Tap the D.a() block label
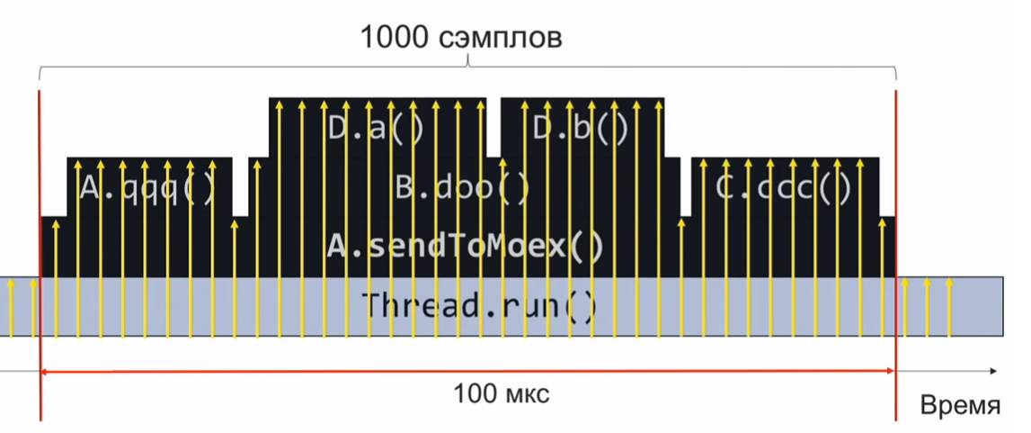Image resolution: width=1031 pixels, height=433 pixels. coord(375,129)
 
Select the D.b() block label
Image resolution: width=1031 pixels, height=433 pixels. coord(582,129)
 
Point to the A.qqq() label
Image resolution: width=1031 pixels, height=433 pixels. coord(148,188)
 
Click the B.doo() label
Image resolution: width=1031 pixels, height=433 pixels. coord(463,188)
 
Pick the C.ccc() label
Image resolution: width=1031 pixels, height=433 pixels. coord(783,188)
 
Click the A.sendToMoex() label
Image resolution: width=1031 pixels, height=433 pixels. coord(465,246)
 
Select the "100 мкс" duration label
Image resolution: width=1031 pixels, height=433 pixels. coord(502,393)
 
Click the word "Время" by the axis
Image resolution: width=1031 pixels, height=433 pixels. coord(960,405)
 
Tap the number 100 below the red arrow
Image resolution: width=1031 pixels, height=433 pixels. coord(473,393)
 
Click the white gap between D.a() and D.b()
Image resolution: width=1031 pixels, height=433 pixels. coord(493,126)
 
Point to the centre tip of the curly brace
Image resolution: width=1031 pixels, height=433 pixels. coord(468,65)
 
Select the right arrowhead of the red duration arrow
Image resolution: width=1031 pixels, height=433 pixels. coord(890,370)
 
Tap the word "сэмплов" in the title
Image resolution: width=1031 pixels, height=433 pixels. coord(502,40)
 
